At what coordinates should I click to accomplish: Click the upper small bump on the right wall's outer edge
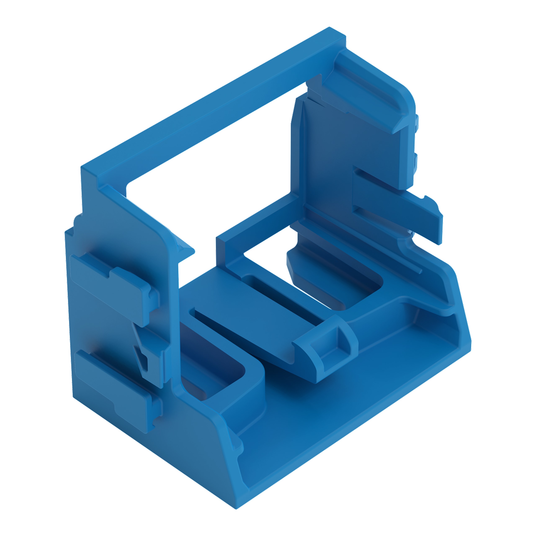[416, 122]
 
